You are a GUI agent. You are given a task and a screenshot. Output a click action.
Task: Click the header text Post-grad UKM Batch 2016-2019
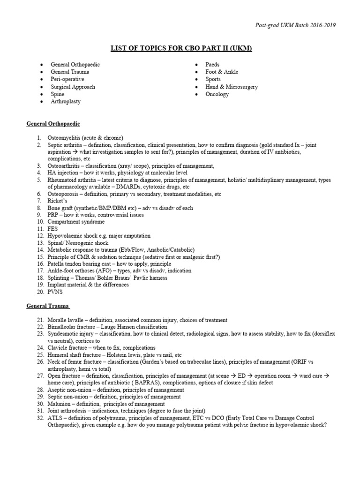pyautogui.click(x=295, y=25)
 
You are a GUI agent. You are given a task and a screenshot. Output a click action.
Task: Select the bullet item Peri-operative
pyautogui.click(x=67, y=79)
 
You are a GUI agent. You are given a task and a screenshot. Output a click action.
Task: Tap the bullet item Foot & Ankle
pyautogui.click(x=222, y=72)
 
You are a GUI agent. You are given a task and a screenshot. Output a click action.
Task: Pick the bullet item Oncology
pyautogui.click(x=217, y=94)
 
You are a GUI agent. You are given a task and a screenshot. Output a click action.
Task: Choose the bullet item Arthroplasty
pyautogui.click(x=66, y=102)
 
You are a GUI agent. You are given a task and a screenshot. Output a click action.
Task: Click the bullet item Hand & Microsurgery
pyautogui.click(x=232, y=87)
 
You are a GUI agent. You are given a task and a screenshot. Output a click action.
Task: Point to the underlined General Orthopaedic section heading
pyautogui.click(x=53, y=124)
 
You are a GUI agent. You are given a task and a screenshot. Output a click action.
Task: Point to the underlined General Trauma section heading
pyautogui.click(x=48, y=306)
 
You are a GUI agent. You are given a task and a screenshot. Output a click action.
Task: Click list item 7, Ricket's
pyautogui.click(x=58, y=201)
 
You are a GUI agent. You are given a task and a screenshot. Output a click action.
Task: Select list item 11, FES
pyautogui.click(x=52, y=229)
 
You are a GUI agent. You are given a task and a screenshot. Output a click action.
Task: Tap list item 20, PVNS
pyautogui.click(x=55, y=292)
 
